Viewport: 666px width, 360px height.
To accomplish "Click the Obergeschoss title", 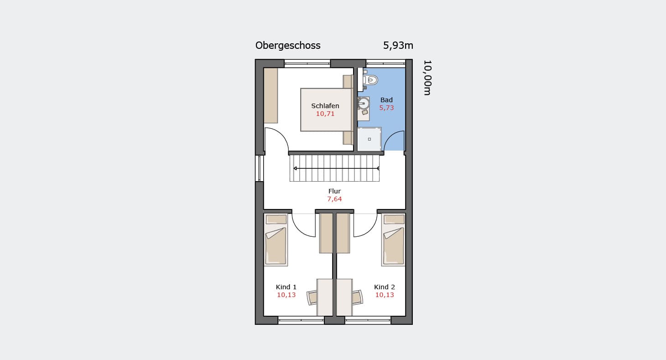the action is coord(288,46).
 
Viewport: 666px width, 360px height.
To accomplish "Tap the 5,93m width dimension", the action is coord(398,46).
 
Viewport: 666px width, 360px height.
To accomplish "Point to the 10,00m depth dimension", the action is coord(427,78).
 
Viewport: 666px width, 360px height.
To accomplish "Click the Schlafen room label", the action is coord(325,105).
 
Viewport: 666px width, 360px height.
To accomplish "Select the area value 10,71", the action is coord(325,114).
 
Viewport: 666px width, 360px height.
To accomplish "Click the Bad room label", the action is coord(386,100).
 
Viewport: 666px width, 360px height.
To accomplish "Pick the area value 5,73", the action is coord(386,108).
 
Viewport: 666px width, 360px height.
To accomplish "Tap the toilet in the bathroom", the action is coord(370,80).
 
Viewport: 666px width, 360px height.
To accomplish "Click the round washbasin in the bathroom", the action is coord(363,104).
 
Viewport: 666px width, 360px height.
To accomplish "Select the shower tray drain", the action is coord(369,139).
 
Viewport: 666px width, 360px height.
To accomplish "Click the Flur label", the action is coord(334,191).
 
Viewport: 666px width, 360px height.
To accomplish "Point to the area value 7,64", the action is coord(334,199).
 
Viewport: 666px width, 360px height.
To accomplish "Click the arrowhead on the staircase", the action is coord(295,168).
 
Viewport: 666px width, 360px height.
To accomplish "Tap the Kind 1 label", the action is coord(286,287).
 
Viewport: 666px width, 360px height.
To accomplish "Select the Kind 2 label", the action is coord(385,287).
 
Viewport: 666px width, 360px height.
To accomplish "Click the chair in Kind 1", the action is coord(312,297).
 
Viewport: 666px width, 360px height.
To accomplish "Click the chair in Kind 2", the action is coord(357,297).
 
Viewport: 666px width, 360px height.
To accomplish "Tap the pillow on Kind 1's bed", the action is coord(276,219).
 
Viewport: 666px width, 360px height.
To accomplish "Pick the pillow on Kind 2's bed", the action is coord(394,219).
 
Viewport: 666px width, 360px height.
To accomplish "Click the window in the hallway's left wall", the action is coord(259,168).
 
